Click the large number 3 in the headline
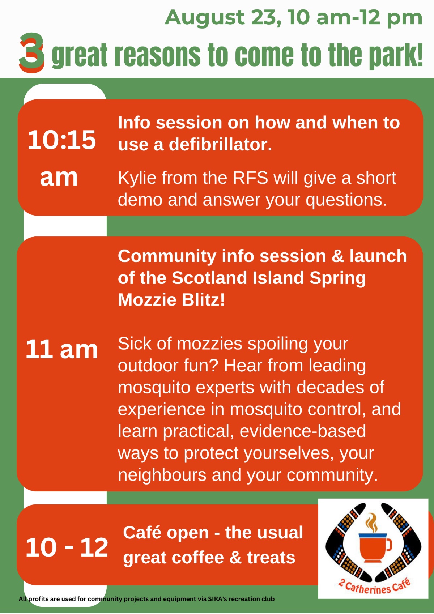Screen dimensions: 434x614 point(31,52)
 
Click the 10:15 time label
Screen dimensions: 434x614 point(62,140)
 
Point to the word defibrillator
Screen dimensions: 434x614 point(220,144)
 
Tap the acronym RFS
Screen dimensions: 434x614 point(250,178)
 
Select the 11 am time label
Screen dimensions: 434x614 point(62,349)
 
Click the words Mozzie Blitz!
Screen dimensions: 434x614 point(171,300)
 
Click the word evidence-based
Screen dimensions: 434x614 point(303,431)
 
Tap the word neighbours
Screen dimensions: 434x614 point(162,475)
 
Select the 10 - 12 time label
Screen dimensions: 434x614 point(67,547)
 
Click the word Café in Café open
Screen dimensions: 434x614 point(142,533)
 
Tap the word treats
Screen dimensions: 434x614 point(271,558)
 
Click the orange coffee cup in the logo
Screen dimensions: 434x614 point(375,547)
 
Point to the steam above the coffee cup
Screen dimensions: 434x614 point(371,522)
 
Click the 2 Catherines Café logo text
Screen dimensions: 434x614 point(375,587)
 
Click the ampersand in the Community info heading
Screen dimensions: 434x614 point(338,256)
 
